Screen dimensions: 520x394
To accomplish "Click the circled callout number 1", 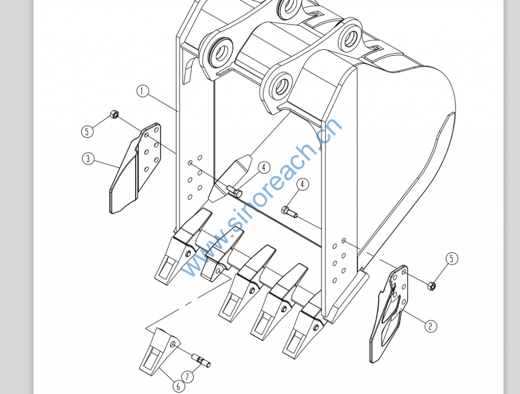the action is click(x=143, y=91).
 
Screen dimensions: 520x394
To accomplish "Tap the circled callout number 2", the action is click(x=431, y=326).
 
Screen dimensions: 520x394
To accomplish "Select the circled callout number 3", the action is click(x=88, y=158).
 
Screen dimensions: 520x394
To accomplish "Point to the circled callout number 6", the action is click(x=178, y=386).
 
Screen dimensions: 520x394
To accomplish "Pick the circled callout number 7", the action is click(x=188, y=377).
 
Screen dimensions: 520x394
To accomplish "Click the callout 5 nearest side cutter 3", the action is click(x=87, y=132).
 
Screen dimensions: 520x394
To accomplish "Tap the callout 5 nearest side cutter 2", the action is click(x=451, y=258).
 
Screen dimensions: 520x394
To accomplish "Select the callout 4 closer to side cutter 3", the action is click(x=264, y=168).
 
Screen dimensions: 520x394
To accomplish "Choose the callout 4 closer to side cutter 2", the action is click(x=302, y=184).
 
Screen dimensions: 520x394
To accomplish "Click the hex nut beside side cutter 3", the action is click(x=114, y=114).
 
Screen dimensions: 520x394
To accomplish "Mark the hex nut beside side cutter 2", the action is click(x=432, y=285).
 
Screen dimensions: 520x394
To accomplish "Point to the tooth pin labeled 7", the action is click(x=201, y=361).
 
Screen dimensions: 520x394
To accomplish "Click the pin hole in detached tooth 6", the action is click(x=173, y=345).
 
